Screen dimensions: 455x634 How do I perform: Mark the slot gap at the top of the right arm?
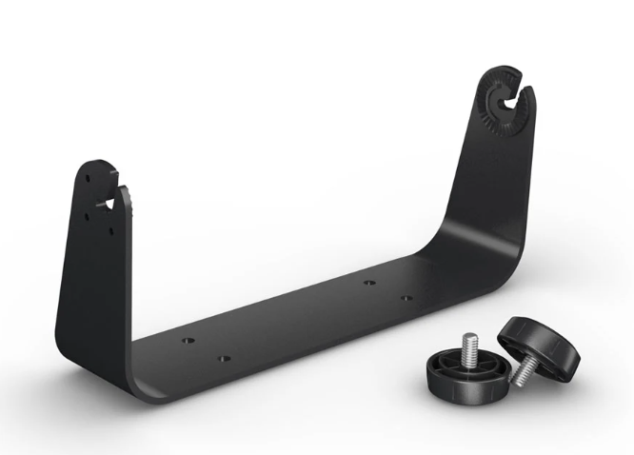coord(522,93)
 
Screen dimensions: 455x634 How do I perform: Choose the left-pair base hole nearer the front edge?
coord(225,359)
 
